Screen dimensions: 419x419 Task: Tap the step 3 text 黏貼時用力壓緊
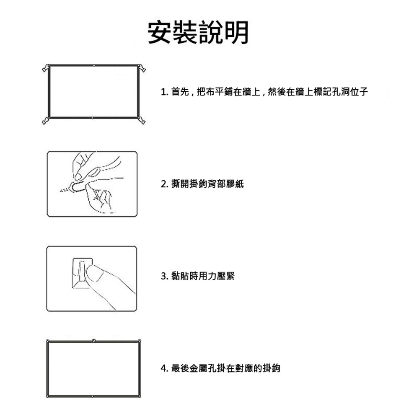point(198,276)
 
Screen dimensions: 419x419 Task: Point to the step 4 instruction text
point(220,369)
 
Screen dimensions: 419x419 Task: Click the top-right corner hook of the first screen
point(142,67)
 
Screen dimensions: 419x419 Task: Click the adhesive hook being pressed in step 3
point(81,273)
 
